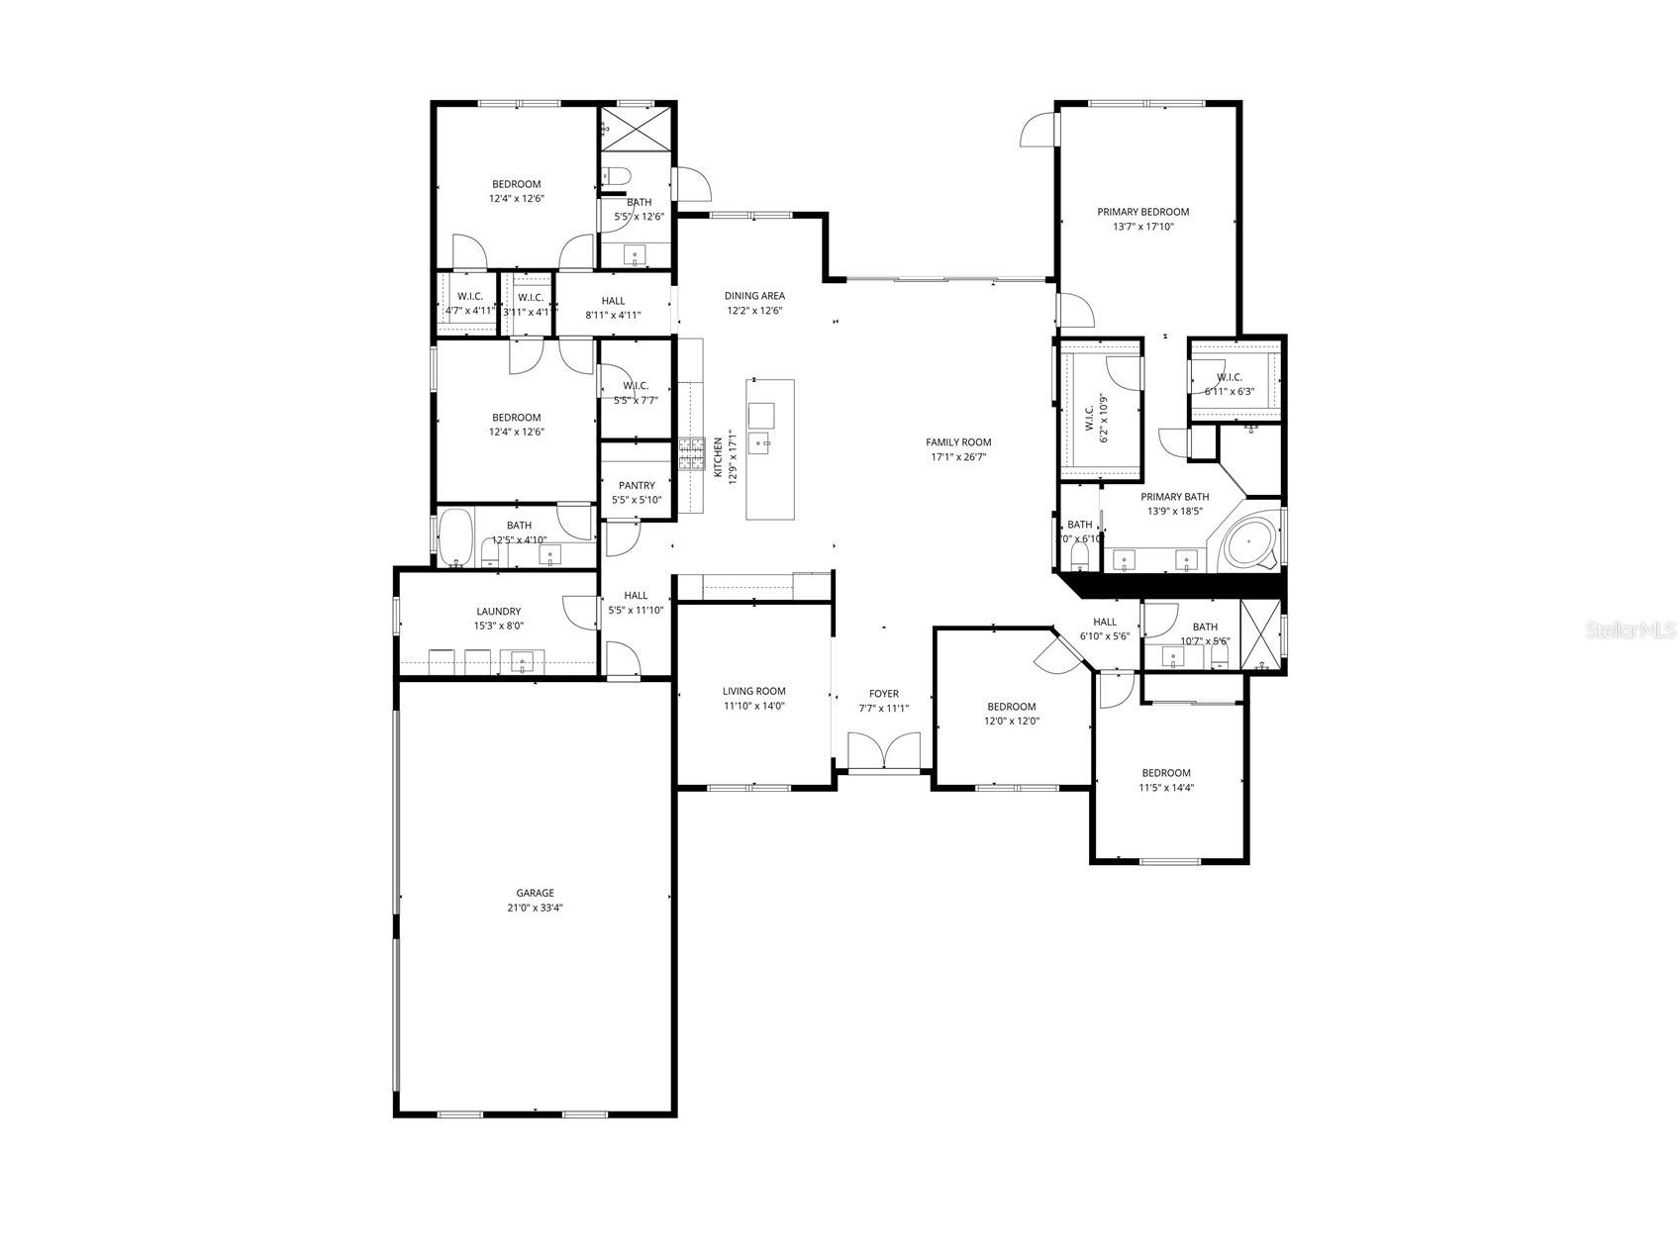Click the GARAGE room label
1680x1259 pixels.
(535, 893)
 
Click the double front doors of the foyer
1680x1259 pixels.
(884, 751)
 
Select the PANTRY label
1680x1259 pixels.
(637, 485)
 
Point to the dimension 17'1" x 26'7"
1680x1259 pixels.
(958, 457)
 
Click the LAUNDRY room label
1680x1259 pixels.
(498, 612)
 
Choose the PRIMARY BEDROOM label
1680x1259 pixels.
(1142, 212)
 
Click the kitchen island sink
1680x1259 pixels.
(760, 440)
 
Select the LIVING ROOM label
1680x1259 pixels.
(753, 691)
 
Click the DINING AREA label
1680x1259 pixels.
(754, 296)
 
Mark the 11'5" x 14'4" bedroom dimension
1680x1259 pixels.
(1165, 788)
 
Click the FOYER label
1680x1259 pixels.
(883, 694)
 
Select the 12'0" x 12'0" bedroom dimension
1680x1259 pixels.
(1011, 722)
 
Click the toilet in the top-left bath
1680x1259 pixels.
(616, 176)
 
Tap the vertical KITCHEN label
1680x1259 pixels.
(719, 457)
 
